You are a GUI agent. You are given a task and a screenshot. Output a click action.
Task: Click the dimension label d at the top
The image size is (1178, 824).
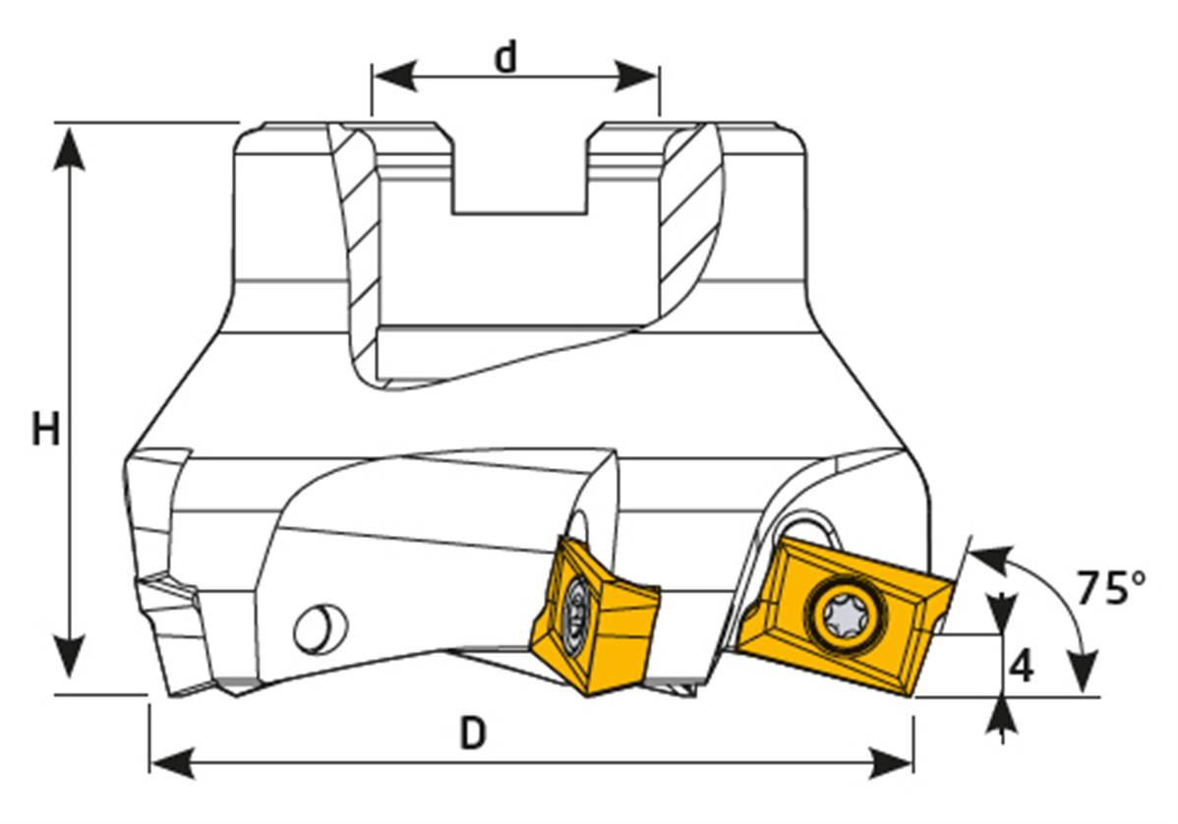(x=505, y=59)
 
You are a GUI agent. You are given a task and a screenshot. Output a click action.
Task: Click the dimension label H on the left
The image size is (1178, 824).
(x=45, y=430)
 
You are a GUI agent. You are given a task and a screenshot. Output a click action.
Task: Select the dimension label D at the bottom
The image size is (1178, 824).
(x=474, y=734)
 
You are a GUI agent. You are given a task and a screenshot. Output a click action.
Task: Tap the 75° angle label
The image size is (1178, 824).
(x=1110, y=587)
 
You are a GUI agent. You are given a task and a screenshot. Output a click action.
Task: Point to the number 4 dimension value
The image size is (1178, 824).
(x=1022, y=668)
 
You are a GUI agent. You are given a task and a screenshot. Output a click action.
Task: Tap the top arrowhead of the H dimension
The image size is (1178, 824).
(x=69, y=144)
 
